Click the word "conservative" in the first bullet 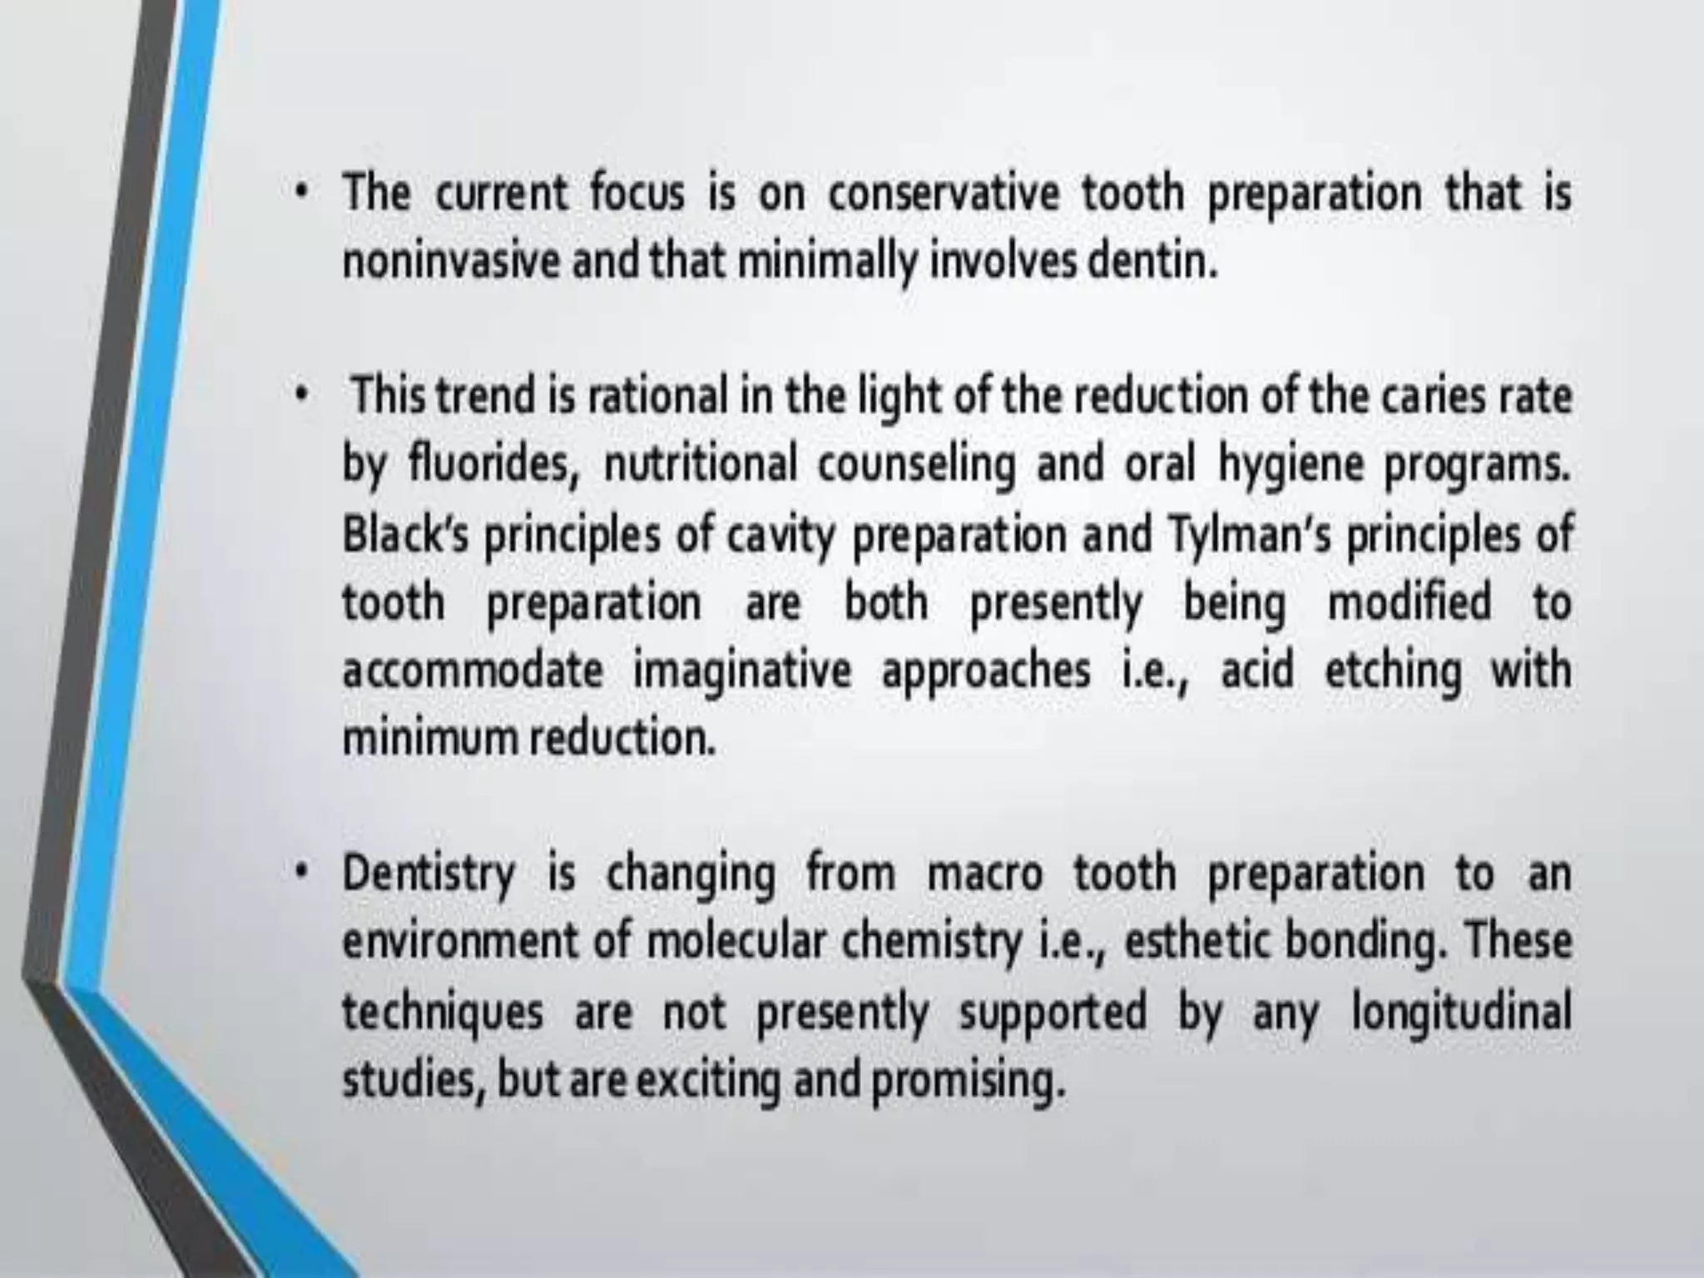pyautogui.click(x=943, y=194)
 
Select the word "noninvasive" pyautogui.click(x=454, y=263)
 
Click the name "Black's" pyautogui.click(x=407, y=534)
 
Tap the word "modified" pyautogui.click(x=1409, y=602)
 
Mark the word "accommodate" pyautogui.click(x=473, y=671)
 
